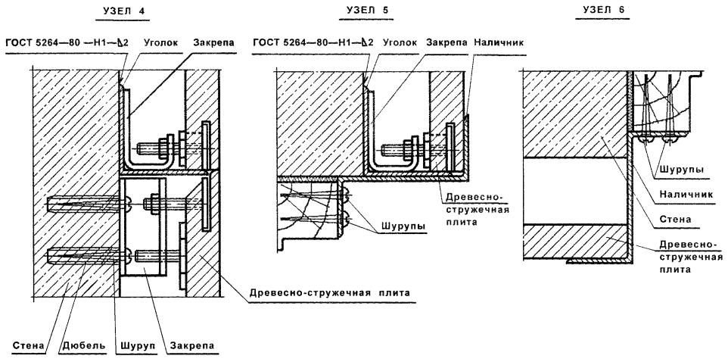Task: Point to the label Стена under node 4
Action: [x=28, y=346]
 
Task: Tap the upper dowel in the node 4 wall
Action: [x=72, y=204]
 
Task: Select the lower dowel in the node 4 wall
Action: [x=72, y=256]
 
